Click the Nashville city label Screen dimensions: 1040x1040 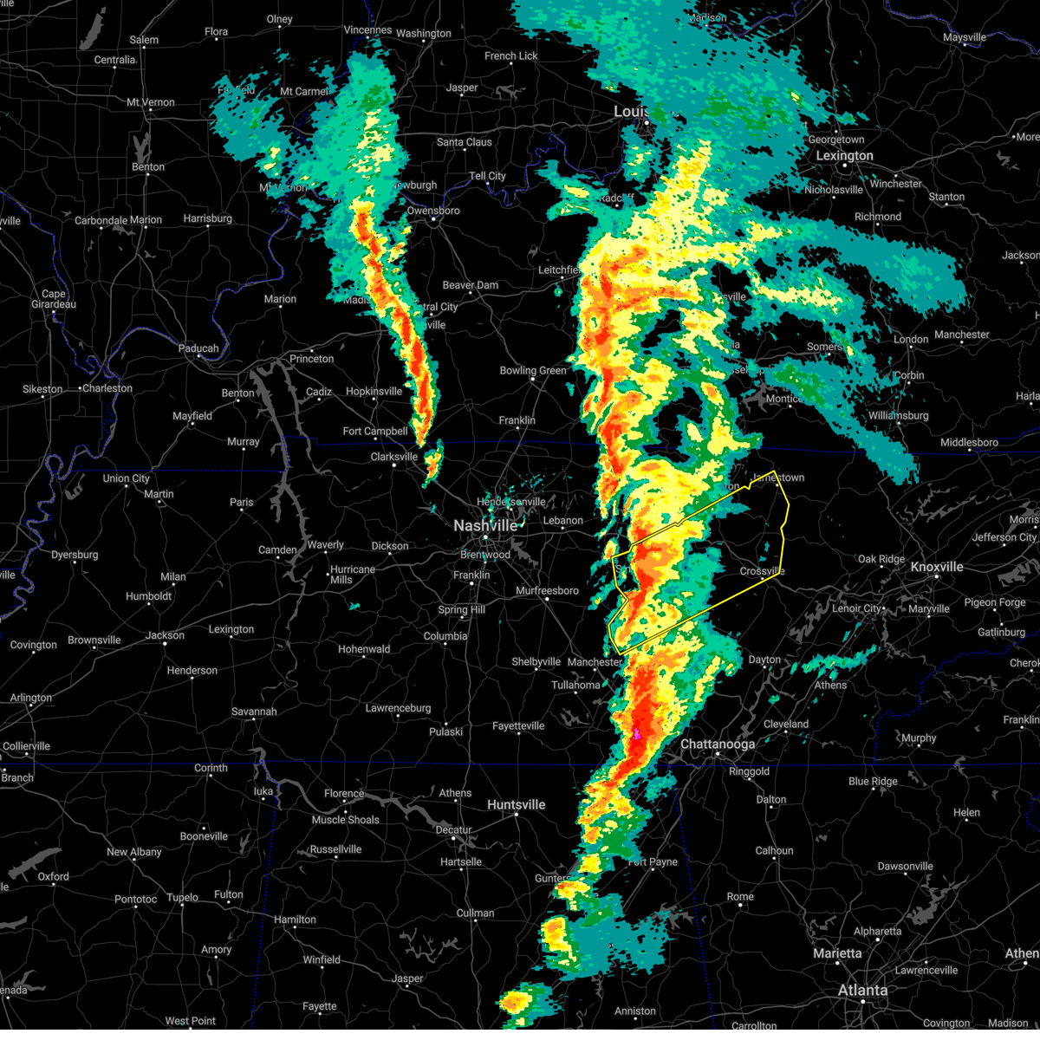pyautogui.click(x=485, y=526)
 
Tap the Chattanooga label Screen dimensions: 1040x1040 pyautogui.click(x=718, y=744)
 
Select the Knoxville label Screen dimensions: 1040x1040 pyautogui.click(x=937, y=567)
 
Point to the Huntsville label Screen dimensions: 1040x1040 pyautogui.click(x=517, y=805)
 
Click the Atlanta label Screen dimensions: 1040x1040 pyautogui.click(x=862, y=990)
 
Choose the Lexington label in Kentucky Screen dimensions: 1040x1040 pyautogui.click(x=844, y=156)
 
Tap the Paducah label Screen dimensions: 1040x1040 pyautogui.click(x=198, y=348)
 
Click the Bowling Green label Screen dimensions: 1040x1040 pyautogui.click(x=533, y=371)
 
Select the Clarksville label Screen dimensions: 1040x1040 pyautogui.click(x=394, y=457)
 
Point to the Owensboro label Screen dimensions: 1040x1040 pyautogui.click(x=433, y=211)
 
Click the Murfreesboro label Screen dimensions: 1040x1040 pyautogui.click(x=547, y=591)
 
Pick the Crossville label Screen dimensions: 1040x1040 pyautogui.click(x=762, y=571)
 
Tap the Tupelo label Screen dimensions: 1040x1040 pyautogui.click(x=182, y=897)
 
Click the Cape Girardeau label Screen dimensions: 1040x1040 pyautogui.click(x=54, y=299)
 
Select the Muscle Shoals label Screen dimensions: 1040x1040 pyautogui.click(x=346, y=820)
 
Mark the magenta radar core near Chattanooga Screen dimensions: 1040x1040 pyautogui.click(x=637, y=734)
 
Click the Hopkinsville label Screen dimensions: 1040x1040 pyautogui.click(x=374, y=392)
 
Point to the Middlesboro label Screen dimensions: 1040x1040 pyautogui.click(x=969, y=443)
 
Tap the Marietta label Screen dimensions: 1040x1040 pyautogui.click(x=837, y=953)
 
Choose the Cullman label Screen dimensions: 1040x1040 pyautogui.click(x=475, y=913)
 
